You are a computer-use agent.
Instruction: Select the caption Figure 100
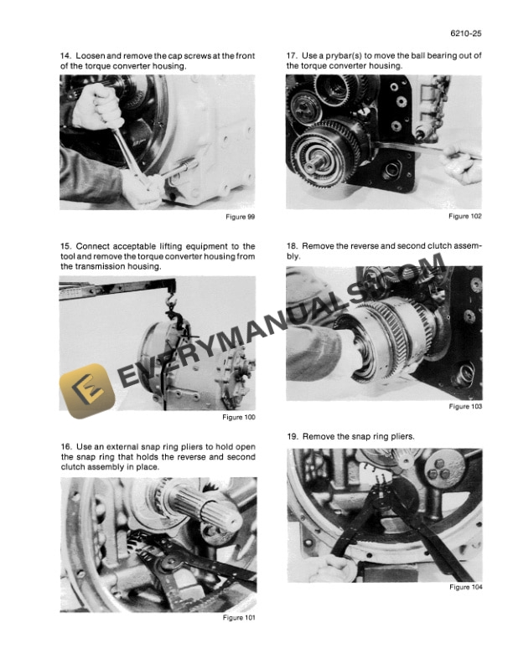239,417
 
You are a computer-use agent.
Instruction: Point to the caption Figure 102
466,216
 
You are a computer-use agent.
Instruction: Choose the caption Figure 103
466,407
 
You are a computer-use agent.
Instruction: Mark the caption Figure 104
466,587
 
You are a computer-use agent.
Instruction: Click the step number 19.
292,437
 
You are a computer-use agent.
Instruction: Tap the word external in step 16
118,447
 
